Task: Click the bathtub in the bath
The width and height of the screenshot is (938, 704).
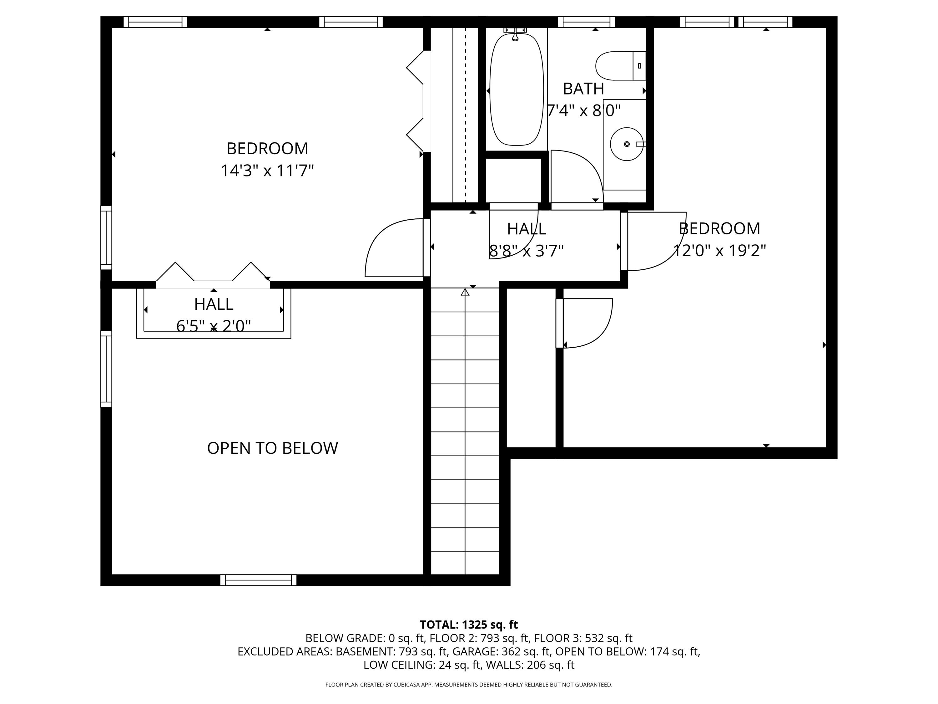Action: [517, 89]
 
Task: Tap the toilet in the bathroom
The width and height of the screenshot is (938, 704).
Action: [619, 66]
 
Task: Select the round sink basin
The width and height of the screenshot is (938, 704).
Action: [626, 144]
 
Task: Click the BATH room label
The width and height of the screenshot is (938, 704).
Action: [583, 89]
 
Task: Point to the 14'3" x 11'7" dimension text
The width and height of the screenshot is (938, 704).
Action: [267, 171]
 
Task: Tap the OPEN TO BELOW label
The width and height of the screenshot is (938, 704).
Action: [272, 448]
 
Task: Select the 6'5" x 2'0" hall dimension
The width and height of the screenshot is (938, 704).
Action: [213, 326]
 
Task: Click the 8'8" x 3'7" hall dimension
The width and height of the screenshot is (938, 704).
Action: [526, 251]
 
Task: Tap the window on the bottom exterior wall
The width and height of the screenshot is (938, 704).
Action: [258, 580]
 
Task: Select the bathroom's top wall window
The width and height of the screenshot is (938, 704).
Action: [586, 22]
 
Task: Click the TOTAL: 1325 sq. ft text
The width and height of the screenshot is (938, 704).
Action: [469, 624]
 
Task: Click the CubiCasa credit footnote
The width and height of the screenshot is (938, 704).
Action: [469, 685]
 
